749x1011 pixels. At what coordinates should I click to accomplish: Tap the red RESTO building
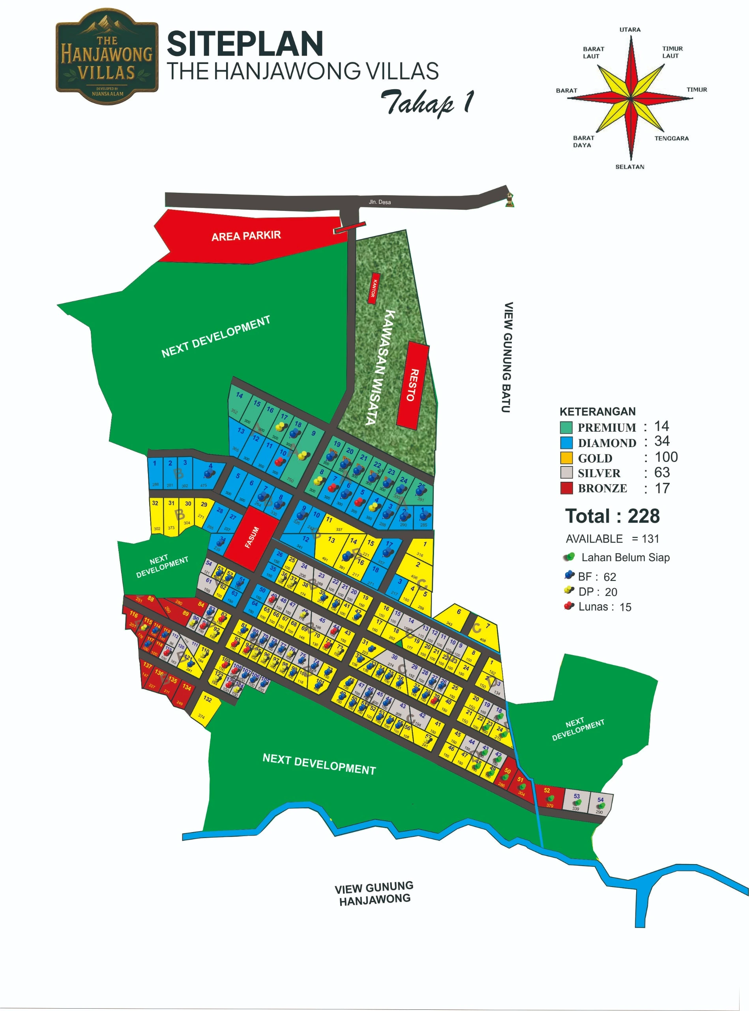click(413, 385)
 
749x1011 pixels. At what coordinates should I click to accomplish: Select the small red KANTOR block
click(374, 288)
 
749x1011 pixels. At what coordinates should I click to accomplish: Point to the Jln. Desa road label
click(380, 202)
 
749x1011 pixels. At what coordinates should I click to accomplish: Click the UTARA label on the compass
click(630, 30)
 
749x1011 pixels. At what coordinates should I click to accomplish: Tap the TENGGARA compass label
click(671, 138)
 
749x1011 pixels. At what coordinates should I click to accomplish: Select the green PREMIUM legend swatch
click(566, 427)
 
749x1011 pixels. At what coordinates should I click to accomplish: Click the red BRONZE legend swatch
click(566, 488)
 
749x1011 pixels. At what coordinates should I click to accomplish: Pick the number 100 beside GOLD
click(666, 457)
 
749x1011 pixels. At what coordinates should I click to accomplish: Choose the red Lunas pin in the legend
click(569, 606)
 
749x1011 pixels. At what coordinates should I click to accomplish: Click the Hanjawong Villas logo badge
click(107, 57)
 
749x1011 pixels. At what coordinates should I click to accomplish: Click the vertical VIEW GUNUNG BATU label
click(508, 357)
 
